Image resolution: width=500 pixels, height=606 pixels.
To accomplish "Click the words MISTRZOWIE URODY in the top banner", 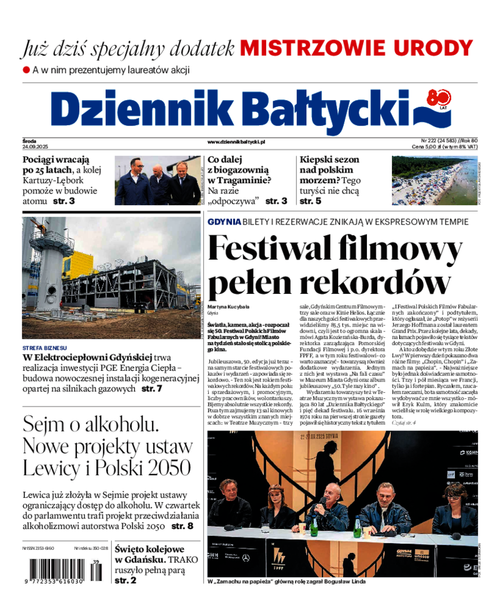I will pos(357,48).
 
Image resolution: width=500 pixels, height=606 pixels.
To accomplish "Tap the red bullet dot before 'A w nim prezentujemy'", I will pos(26,70).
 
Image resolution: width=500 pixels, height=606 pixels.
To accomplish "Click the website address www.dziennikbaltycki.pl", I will pos(236,143).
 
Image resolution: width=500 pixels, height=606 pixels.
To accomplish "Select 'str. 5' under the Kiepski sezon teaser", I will pos(310,201).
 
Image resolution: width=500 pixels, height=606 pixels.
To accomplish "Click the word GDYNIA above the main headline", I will pos(224,222).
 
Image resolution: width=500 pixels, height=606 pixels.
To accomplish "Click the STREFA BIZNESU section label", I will pos(44,348).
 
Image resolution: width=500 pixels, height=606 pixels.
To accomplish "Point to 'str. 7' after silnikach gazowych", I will pos(151,388).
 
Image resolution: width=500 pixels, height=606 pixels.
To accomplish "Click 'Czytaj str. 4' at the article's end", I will pos(403,423).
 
